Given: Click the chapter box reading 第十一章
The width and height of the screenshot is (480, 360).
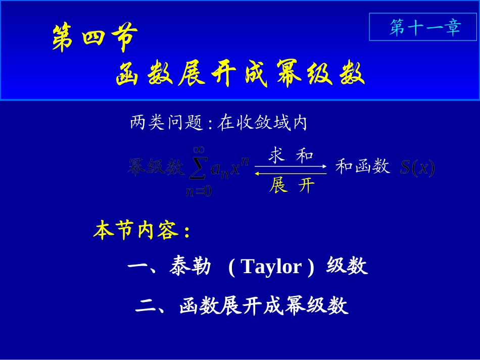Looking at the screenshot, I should (x=425, y=27).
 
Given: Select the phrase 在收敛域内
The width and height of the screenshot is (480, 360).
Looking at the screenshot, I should (x=262, y=123).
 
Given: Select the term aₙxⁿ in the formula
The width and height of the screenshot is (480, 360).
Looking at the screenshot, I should (x=230, y=168).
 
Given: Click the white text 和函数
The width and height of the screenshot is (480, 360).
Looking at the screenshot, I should (x=362, y=166).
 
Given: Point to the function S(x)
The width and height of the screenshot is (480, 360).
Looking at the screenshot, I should (x=417, y=168).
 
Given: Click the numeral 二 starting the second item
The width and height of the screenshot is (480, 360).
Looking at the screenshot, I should (x=146, y=306).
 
